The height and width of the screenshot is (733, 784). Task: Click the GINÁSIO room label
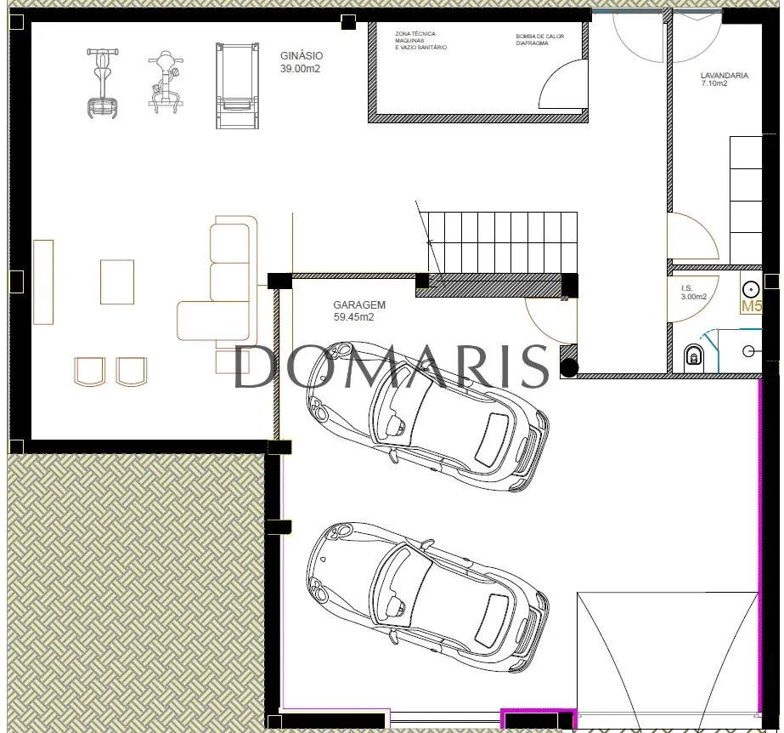(x=302, y=55)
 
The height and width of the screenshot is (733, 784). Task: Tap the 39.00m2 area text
(x=300, y=69)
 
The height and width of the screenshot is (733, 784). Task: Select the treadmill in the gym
(x=238, y=86)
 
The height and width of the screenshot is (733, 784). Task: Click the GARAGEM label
(x=359, y=304)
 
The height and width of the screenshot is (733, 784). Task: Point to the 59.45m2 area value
(x=353, y=317)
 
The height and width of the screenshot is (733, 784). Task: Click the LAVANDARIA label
(x=725, y=76)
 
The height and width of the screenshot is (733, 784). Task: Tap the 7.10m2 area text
(x=714, y=83)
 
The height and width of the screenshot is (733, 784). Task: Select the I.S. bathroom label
(x=687, y=288)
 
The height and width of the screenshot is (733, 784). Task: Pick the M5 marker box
(x=751, y=306)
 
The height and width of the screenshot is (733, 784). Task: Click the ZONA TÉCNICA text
(x=415, y=34)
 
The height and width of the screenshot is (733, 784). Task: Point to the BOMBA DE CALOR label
(x=540, y=37)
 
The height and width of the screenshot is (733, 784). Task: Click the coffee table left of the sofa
(x=117, y=281)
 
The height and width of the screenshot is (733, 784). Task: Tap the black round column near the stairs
(x=569, y=368)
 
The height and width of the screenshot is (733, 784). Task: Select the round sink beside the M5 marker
(x=751, y=289)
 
